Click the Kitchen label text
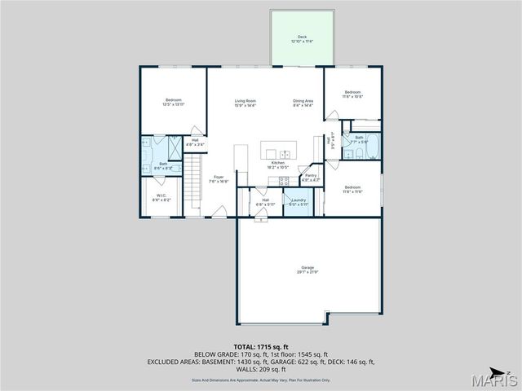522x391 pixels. pos(279,165)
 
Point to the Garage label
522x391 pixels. pos(307,269)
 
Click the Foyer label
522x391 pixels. pos(219,178)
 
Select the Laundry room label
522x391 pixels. pos(298,201)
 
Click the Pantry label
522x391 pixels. pos(311,177)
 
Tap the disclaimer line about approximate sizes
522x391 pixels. pos(261,380)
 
